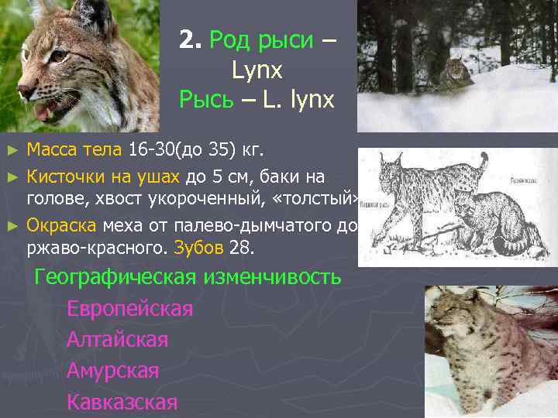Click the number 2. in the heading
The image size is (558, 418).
coord(188,40)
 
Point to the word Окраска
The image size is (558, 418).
coord(61,226)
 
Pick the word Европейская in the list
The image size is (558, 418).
coord(129,309)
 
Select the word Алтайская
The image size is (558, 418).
coord(117,340)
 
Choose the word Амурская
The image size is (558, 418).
coord(113,371)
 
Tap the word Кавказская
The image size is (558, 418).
coord(122,402)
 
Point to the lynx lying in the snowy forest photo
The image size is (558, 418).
coord(454,71)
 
